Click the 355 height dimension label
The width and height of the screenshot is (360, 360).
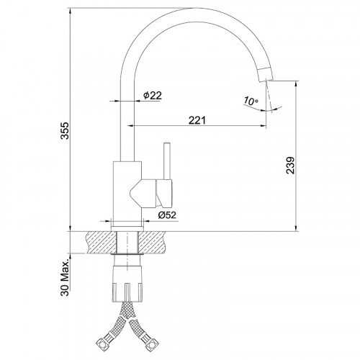click(65, 130)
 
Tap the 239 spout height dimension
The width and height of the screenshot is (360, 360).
click(290, 165)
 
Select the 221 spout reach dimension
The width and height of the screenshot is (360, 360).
click(197, 120)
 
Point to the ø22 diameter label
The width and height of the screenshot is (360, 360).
click(153, 96)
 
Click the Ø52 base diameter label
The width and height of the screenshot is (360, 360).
click(167, 215)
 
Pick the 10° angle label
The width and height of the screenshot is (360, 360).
click(251, 101)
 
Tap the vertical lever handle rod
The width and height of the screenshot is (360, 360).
click(167, 161)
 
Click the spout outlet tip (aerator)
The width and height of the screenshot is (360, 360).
click(266, 75)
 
